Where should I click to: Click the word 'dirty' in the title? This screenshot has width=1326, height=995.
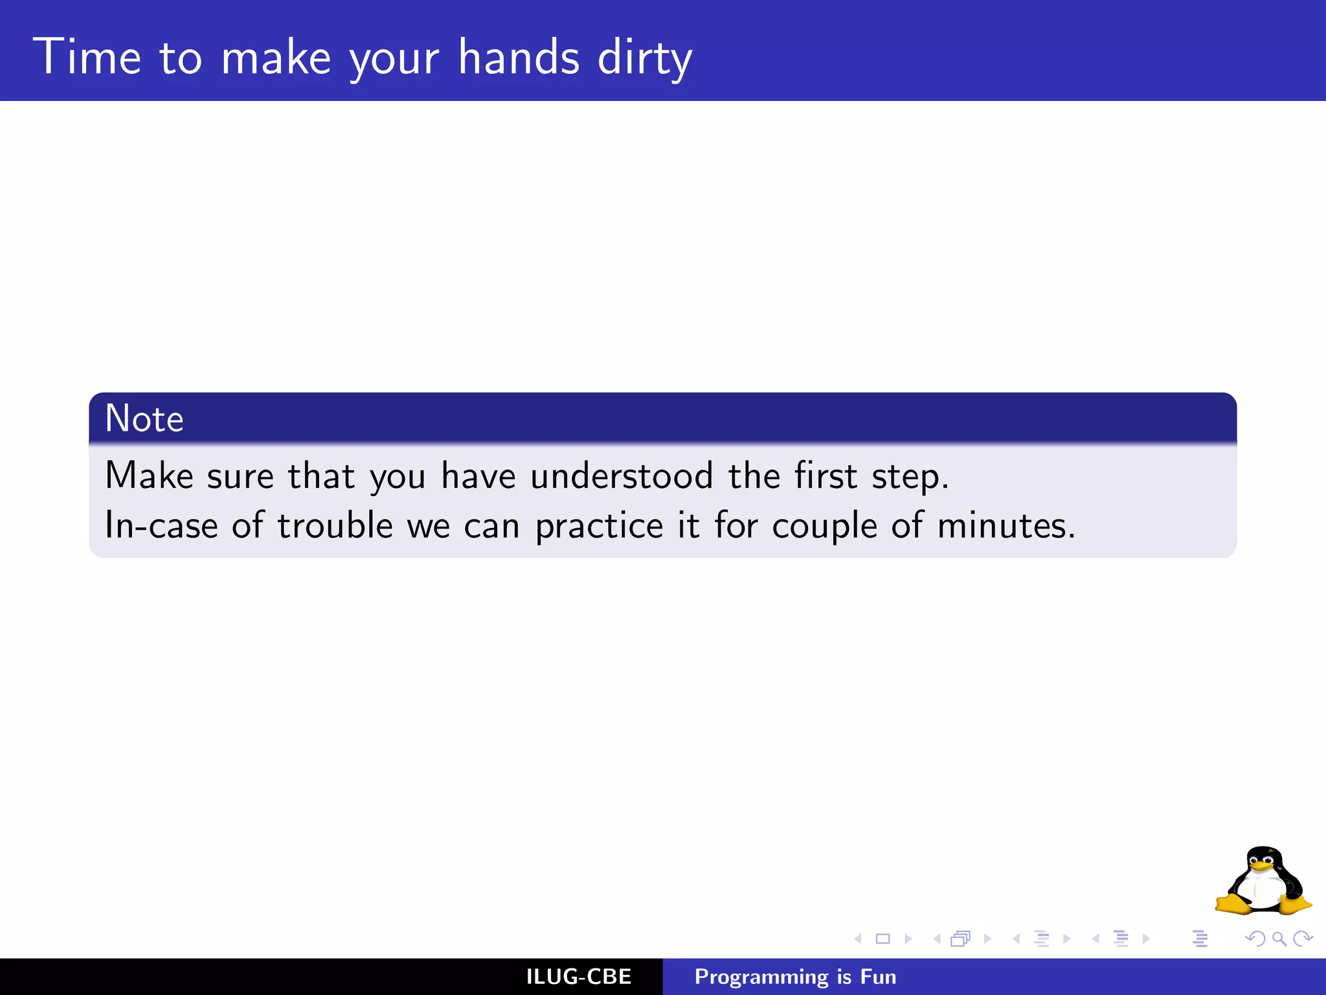tap(644, 58)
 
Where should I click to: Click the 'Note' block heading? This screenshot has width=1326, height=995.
tap(144, 418)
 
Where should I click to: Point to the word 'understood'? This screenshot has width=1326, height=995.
tap(622, 475)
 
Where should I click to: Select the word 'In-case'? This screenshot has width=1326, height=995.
tap(161, 525)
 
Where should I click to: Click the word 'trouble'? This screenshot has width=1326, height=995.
tap(335, 525)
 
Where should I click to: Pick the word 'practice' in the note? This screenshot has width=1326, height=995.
tap(599, 526)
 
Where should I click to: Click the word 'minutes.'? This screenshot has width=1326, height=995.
tap(1006, 525)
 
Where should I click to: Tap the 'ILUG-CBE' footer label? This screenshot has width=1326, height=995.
tap(578, 977)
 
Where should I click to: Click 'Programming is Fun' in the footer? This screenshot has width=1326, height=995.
tap(795, 977)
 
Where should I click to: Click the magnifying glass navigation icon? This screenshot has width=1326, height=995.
tap(1279, 939)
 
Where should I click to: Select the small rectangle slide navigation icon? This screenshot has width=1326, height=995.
tap(882, 939)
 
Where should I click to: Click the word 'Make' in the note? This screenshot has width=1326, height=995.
tap(149, 475)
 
